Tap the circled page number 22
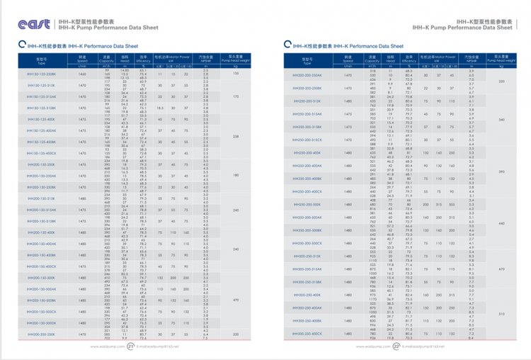coord(397,347)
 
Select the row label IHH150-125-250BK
coord(41,74)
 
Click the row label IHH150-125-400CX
coord(41,153)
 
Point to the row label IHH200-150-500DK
coord(41,323)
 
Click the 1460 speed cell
coord(81,74)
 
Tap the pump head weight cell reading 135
coord(235,74)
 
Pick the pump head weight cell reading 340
coord(501,119)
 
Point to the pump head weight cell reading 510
coord(501,313)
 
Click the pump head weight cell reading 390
coord(501,171)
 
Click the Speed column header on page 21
coord(81,60)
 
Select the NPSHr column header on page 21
coord(206,60)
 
